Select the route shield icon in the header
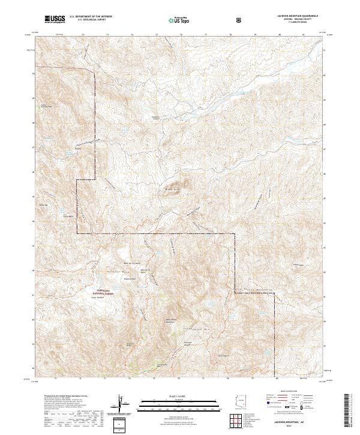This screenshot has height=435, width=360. point(240,20)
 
